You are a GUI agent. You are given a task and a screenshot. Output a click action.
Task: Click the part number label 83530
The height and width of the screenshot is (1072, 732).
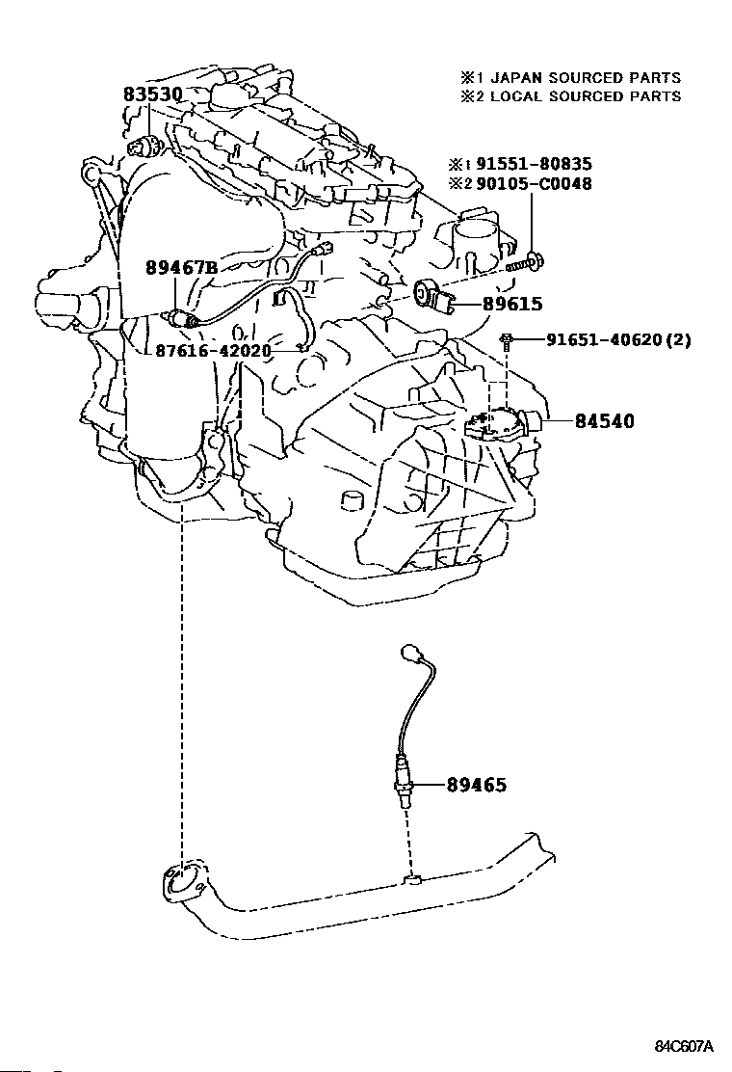tap(152, 95)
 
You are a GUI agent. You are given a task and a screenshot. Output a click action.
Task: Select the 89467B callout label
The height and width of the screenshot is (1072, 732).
tap(181, 267)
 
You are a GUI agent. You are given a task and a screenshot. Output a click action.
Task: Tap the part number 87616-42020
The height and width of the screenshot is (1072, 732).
tap(213, 352)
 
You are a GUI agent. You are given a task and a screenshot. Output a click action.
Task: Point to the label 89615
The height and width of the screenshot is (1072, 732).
tap(512, 304)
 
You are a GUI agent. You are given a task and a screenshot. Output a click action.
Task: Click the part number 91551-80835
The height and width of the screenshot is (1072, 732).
tap(534, 164)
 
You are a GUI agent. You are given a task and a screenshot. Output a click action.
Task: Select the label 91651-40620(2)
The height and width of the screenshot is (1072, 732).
tap(618, 339)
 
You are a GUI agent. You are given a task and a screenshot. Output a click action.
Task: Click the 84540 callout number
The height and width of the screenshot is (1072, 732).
tap(604, 421)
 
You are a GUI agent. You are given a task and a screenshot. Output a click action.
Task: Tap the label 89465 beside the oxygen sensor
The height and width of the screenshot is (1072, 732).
tap(477, 785)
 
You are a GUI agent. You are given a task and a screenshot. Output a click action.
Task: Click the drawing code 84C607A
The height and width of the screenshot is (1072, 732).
tap(684, 1047)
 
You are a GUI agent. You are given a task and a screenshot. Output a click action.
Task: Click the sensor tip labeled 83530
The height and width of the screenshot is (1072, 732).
tap(144, 146)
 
